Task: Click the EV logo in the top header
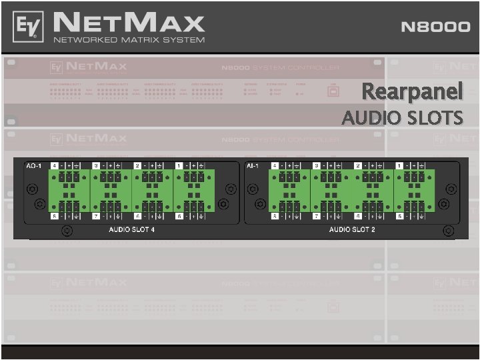[x=28, y=27]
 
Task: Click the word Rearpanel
[x=412, y=91]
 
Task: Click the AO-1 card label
[x=33, y=165]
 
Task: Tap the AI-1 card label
[x=253, y=165]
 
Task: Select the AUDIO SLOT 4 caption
[x=132, y=229]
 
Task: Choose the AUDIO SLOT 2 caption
[x=352, y=229]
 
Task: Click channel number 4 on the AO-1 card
[x=55, y=165]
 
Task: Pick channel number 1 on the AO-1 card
[x=179, y=165]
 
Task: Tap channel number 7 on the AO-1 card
[x=96, y=217]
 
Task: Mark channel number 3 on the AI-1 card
[x=316, y=165]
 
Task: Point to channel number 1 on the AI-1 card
[x=399, y=165]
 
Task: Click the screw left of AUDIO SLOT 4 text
[x=67, y=231]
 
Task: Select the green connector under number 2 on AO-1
[x=152, y=178]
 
